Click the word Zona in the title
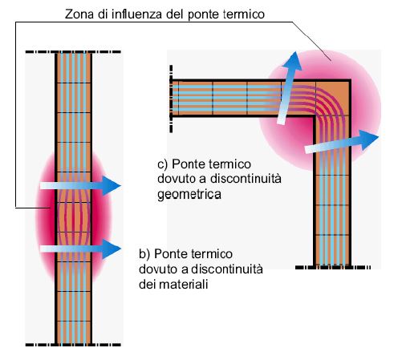(x=79, y=14)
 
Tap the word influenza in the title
(x=136, y=14)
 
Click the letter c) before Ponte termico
(x=163, y=164)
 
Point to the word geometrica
(x=189, y=194)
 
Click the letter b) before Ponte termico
(x=144, y=253)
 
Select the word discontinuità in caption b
(x=227, y=269)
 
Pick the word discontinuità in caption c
(x=246, y=179)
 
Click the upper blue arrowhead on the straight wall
(x=111, y=185)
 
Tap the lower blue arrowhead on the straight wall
(x=111, y=249)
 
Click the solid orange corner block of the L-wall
(x=333, y=99)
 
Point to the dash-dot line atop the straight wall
(x=73, y=51)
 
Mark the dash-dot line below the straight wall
(x=73, y=345)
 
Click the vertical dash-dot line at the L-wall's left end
(x=171, y=99)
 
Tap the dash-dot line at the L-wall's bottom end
(x=333, y=267)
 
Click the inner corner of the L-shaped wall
(x=314, y=116)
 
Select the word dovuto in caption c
(x=177, y=179)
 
